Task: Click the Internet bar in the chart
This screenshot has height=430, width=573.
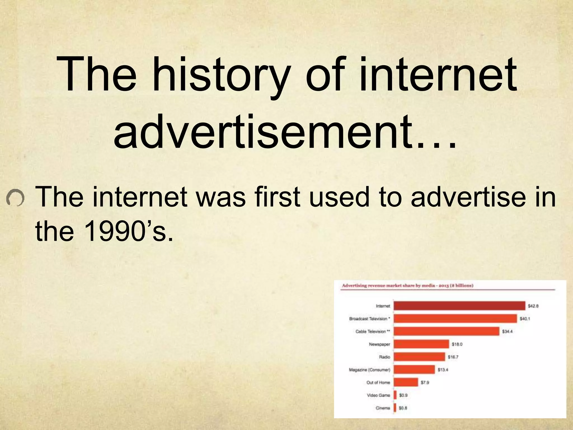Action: tap(459, 306)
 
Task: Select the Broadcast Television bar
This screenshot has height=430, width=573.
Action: tap(455, 319)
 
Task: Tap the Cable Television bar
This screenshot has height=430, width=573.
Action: tap(446, 331)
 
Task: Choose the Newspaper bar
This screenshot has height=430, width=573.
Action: tap(421, 344)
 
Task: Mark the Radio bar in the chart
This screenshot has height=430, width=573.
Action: tap(419, 357)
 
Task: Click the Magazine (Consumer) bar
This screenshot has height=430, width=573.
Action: tap(414, 370)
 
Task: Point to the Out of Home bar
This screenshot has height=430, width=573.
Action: tap(406, 382)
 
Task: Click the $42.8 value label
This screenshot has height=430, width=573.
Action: tap(533, 306)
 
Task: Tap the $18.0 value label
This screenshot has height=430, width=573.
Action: tap(457, 344)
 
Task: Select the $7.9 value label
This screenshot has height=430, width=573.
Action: tap(425, 382)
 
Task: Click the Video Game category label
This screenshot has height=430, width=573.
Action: tap(378, 395)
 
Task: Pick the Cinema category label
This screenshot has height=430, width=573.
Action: tap(383, 408)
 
